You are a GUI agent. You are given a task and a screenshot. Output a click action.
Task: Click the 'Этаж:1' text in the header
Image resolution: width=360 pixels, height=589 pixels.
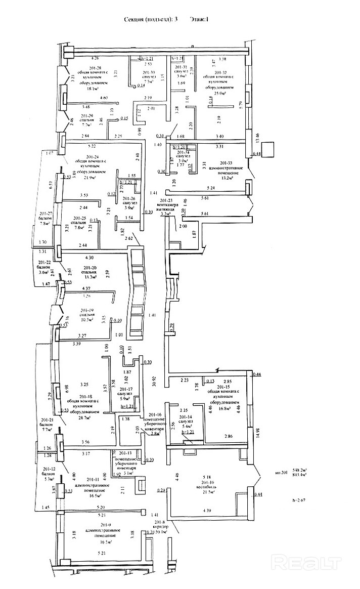click(x=199, y=19)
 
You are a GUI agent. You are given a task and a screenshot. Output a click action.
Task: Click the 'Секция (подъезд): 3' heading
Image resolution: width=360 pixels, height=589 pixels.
click(x=151, y=19)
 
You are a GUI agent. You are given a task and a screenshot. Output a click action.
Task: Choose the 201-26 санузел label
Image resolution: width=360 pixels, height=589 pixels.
click(x=130, y=198)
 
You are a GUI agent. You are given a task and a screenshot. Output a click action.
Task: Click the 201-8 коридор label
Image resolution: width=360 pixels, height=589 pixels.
click(x=160, y=522)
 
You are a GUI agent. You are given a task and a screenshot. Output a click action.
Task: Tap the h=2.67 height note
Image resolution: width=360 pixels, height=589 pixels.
click(x=299, y=499)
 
